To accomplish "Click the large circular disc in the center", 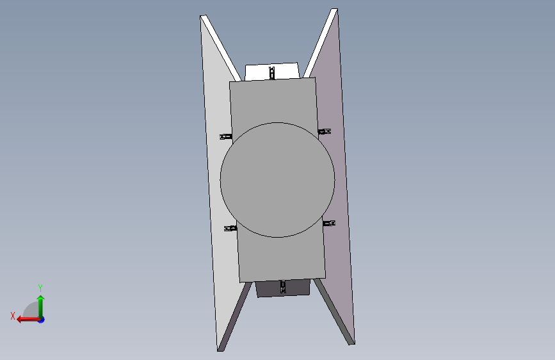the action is [x=278, y=180].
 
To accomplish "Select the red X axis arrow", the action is [x=28, y=320].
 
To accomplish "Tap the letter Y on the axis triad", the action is [x=40, y=288].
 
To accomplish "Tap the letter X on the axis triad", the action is [x=13, y=316].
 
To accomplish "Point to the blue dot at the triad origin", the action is [x=42, y=320].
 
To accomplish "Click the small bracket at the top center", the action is [x=272, y=72].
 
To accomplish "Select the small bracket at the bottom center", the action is [x=283, y=286].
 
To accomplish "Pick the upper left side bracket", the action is [x=226, y=136].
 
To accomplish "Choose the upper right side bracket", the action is [x=325, y=131].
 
